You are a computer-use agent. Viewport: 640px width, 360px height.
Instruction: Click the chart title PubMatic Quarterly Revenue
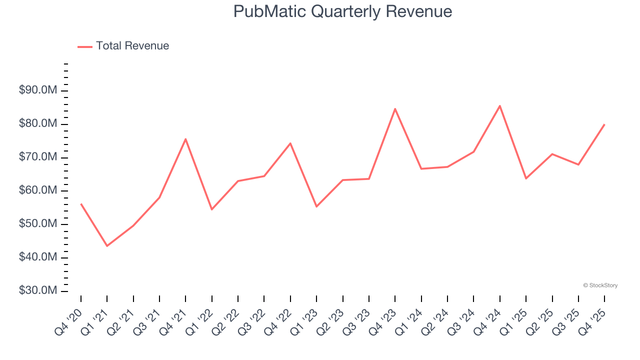tap(342, 11)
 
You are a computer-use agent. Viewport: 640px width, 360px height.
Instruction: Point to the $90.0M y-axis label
tap(38, 90)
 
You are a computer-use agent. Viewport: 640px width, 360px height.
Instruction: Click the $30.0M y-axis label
tap(38, 291)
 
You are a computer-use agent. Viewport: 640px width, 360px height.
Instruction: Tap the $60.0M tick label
tap(38, 190)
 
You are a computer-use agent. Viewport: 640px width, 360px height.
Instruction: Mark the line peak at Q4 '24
tap(500, 106)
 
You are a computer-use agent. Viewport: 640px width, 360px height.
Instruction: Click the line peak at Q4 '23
tap(395, 109)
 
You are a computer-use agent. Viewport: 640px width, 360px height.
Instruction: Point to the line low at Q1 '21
tap(107, 245)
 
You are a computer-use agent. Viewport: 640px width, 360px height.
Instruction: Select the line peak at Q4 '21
tap(185, 139)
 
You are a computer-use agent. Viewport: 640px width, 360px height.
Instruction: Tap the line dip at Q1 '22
tap(211, 209)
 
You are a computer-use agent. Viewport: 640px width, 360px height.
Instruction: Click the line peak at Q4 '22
tap(290, 143)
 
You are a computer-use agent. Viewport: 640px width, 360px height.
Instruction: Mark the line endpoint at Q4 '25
tap(604, 124)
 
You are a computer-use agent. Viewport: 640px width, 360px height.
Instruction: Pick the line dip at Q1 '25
tap(526, 178)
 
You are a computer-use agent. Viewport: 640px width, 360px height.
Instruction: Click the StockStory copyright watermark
tap(600, 285)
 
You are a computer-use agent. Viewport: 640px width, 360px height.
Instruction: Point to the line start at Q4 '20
tap(81, 204)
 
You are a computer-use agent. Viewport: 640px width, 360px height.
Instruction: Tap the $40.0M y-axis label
tap(38, 257)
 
